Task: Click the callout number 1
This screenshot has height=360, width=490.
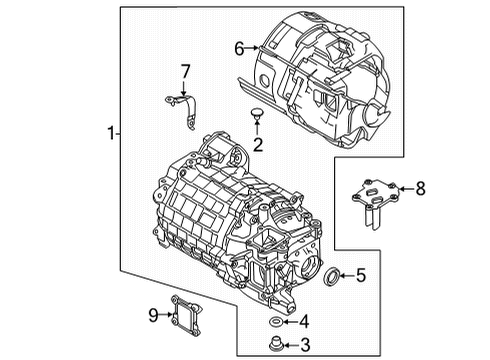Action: point(110,133)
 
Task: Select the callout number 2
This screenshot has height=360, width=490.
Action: point(257,146)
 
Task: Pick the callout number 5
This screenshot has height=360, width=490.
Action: point(361,274)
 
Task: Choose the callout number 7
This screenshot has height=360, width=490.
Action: point(184,71)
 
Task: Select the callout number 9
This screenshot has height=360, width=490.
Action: point(154,316)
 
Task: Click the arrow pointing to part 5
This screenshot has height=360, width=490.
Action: point(345,274)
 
